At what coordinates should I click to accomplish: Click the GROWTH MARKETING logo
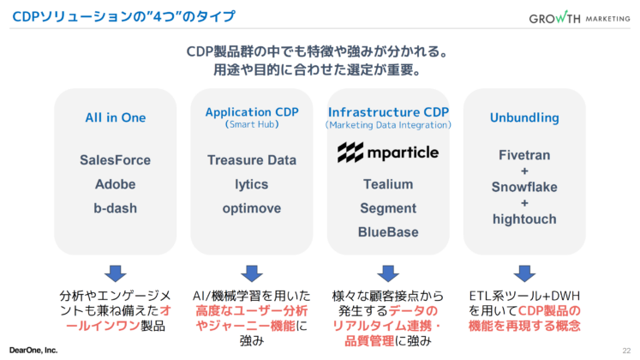coord(577,18)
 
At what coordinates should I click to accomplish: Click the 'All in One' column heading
coord(115,117)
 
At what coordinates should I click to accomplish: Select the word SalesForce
coord(115,159)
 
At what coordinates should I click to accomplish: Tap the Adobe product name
coord(115,183)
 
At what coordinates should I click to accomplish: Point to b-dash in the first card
coord(115,207)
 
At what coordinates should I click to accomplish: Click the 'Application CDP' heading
coord(252,112)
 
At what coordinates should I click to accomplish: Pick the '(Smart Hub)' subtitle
coord(252,125)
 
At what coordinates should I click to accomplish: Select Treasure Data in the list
coord(252,159)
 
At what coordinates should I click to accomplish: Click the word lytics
coord(252,183)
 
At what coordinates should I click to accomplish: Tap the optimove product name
coord(252,207)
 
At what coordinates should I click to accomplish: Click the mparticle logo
coord(388,153)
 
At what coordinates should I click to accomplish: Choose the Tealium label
coord(388,183)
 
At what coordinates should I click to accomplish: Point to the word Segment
coord(388,207)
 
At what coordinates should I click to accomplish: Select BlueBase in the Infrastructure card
coord(388,231)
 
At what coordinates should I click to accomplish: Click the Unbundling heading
coord(524,117)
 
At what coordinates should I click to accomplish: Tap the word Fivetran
coord(524,155)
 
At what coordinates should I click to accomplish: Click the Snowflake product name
coord(524,187)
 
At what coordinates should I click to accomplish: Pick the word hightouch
coord(524,219)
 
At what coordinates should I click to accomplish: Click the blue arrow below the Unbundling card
coord(524,273)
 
